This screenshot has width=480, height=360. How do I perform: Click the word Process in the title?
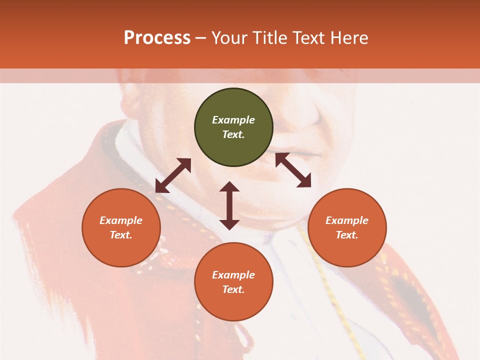(157, 38)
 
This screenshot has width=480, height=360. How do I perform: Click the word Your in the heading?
(229, 38)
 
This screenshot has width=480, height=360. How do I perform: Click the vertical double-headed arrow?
(229, 205)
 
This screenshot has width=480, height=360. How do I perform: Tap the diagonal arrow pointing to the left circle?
(173, 175)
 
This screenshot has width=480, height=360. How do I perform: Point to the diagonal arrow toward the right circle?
(293, 170)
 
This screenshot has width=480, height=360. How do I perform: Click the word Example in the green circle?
(233, 120)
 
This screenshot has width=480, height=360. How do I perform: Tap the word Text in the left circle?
(121, 235)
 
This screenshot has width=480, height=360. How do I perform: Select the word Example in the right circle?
(347, 220)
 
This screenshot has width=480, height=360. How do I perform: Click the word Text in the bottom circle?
(233, 289)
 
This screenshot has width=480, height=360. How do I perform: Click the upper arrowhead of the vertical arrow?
(229, 186)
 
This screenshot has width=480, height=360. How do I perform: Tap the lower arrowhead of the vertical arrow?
(229, 224)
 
